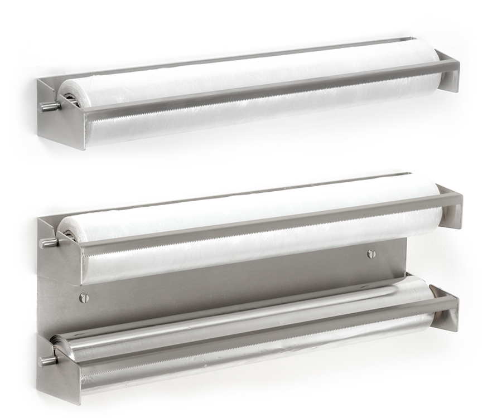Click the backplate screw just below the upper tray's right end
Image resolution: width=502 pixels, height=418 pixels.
pos(371,254)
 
